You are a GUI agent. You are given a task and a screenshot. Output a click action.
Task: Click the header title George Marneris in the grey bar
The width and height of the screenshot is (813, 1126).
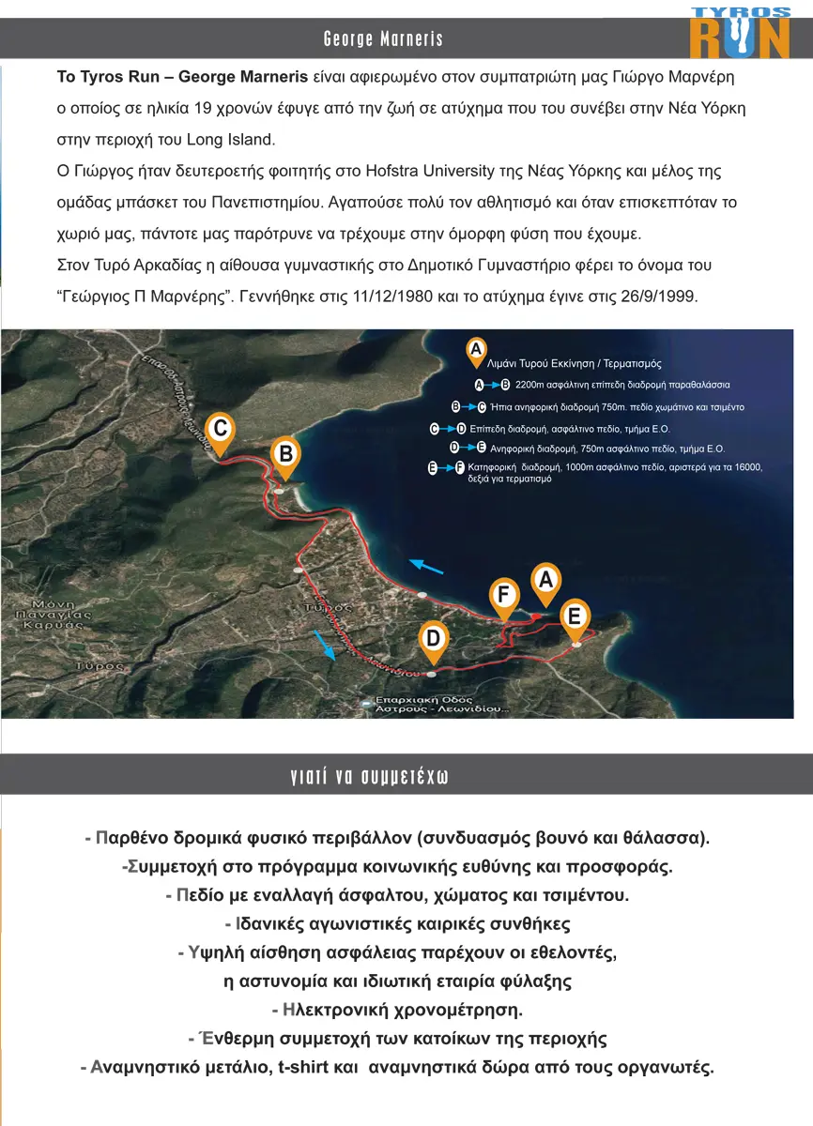tap(383, 39)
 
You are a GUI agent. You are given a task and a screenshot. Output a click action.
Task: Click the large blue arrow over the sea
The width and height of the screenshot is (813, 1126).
tap(427, 567)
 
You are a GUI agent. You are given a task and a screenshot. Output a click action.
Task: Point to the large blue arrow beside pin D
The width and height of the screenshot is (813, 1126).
tap(324, 646)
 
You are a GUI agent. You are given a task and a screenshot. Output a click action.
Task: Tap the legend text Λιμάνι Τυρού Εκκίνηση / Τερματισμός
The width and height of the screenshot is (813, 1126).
tap(575, 363)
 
